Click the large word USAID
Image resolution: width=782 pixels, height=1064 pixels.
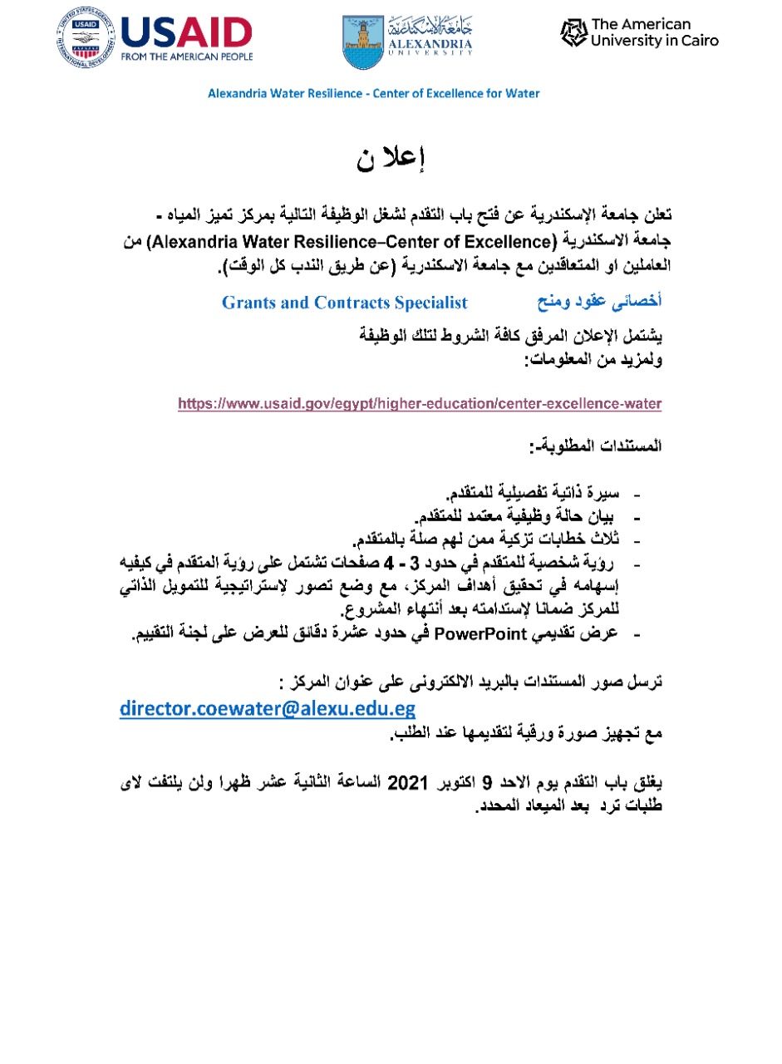(186, 32)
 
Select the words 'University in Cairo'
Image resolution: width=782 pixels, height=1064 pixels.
(654, 41)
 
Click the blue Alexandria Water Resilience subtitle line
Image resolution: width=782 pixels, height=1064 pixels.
(373, 93)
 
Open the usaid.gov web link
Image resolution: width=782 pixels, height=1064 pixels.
(420, 405)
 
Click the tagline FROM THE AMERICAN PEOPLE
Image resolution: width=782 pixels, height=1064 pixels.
(186, 57)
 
